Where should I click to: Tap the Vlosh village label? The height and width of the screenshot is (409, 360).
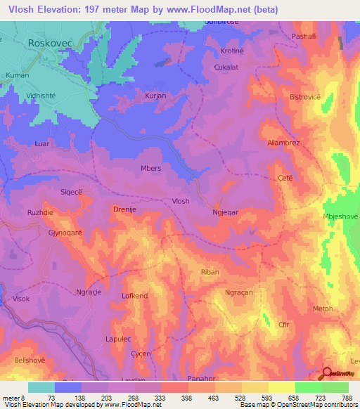click(x=181, y=201)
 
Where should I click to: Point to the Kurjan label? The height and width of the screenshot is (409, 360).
click(x=155, y=94)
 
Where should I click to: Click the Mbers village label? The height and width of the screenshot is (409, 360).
click(x=151, y=168)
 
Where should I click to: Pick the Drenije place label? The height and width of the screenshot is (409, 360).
click(x=124, y=209)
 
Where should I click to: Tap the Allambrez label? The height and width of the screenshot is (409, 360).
click(x=284, y=142)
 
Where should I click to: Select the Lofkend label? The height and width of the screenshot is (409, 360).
click(x=134, y=297)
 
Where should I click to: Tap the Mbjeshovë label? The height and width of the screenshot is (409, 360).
click(x=340, y=216)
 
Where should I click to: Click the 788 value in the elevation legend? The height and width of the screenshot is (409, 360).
click(x=347, y=397)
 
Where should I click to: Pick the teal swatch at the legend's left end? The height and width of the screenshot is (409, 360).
click(x=41, y=387)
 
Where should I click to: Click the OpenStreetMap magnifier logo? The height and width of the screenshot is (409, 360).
click(x=328, y=375)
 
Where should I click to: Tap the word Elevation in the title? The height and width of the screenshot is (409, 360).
click(x=61, y=9)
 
